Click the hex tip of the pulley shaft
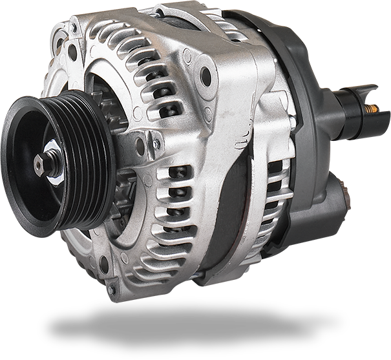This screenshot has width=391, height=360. click(x=39, y=165)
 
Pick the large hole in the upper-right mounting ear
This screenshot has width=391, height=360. click(x=206, y=76)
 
